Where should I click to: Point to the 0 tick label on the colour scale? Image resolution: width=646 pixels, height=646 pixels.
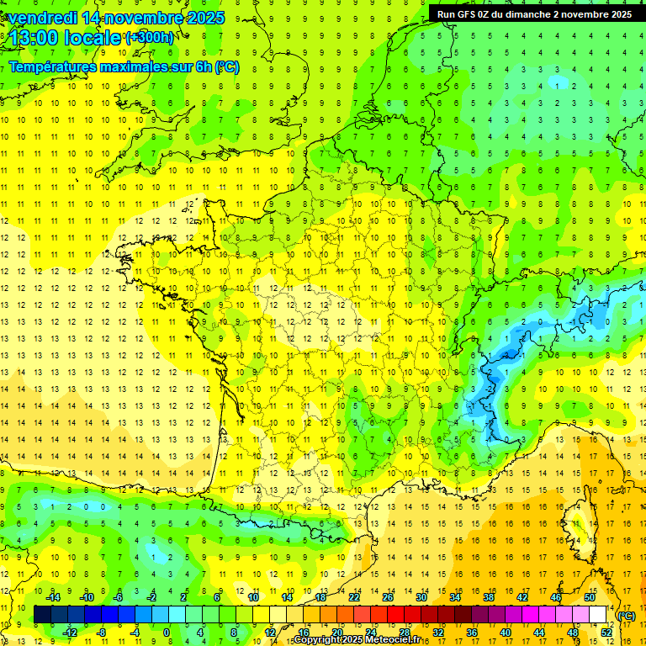[167, 633]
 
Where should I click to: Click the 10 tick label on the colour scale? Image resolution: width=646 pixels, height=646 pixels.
[252, 596]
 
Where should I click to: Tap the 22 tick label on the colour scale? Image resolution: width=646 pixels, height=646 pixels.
[353, 596]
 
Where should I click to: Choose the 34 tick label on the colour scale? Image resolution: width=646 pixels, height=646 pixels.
[454, 596]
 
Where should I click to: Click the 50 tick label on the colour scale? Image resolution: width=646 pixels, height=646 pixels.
[589, 596]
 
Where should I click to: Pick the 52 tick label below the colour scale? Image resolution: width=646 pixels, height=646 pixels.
[606, 633]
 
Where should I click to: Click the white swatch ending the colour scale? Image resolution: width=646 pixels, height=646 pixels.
[597, 615]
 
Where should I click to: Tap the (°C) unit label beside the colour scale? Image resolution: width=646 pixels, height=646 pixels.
[627, 615]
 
